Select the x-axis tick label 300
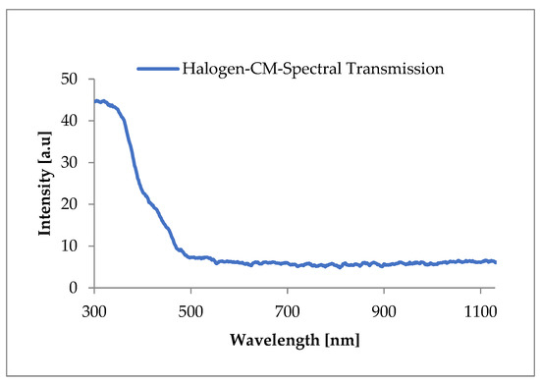[x=94, y=306]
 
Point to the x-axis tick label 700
[x=287, y=306]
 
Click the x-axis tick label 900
[x=384, y=306]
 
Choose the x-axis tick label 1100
[x=480, y=306]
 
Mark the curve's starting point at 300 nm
[x=94, y=101]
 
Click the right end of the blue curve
[x=496, y=262]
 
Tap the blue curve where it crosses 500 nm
[x=190, y=257]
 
